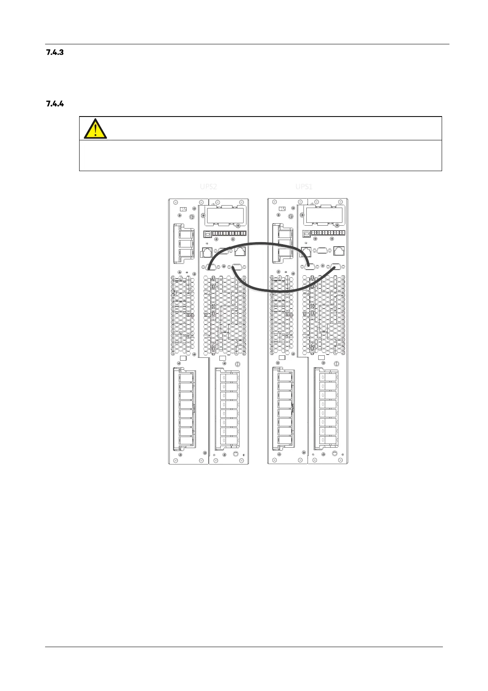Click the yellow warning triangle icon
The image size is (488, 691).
coord(95,128)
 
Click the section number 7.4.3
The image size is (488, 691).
coord(54,53)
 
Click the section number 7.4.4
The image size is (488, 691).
coord(54,104)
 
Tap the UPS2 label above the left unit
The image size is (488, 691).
coord(208,187)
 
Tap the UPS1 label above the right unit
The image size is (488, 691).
coord(304,187)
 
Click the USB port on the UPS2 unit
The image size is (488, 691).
coord(208,233)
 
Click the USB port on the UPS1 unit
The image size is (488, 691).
coord(306,233)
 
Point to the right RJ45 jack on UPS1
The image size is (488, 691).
coord(339,250)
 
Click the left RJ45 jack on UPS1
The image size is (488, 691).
coord(306,251)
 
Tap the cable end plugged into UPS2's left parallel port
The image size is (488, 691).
coord(210,268)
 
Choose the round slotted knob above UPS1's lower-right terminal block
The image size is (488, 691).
coord(336,364)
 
